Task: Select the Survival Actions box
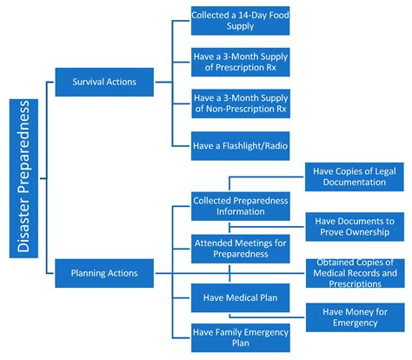click(106, 83)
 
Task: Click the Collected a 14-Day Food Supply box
click(240, 21)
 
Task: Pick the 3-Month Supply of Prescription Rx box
click(240, 62)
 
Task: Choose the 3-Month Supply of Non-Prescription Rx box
click(240, 102)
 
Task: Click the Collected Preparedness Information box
click(240, 206)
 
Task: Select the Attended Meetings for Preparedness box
click(240, 249)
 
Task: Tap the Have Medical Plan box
click(240, 296)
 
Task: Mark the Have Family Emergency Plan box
click(240, 337)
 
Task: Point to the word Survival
click(87, 83)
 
